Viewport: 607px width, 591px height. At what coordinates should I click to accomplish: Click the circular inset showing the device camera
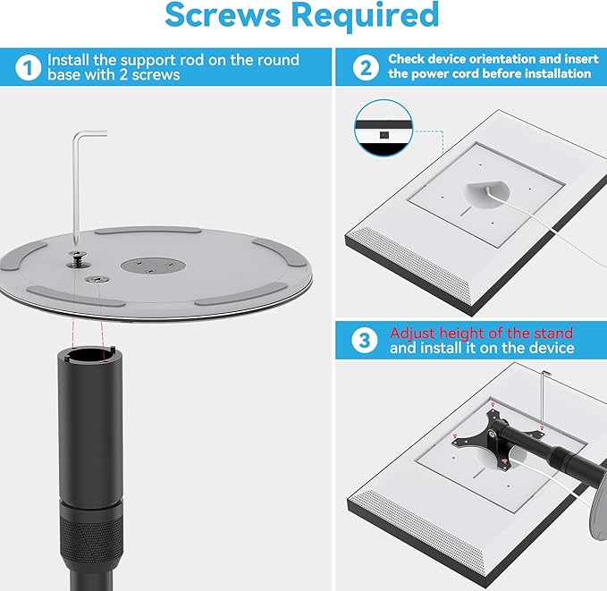[x=383, y=128]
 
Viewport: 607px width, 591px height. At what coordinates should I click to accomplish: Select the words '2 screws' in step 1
[x=156, y=75]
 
